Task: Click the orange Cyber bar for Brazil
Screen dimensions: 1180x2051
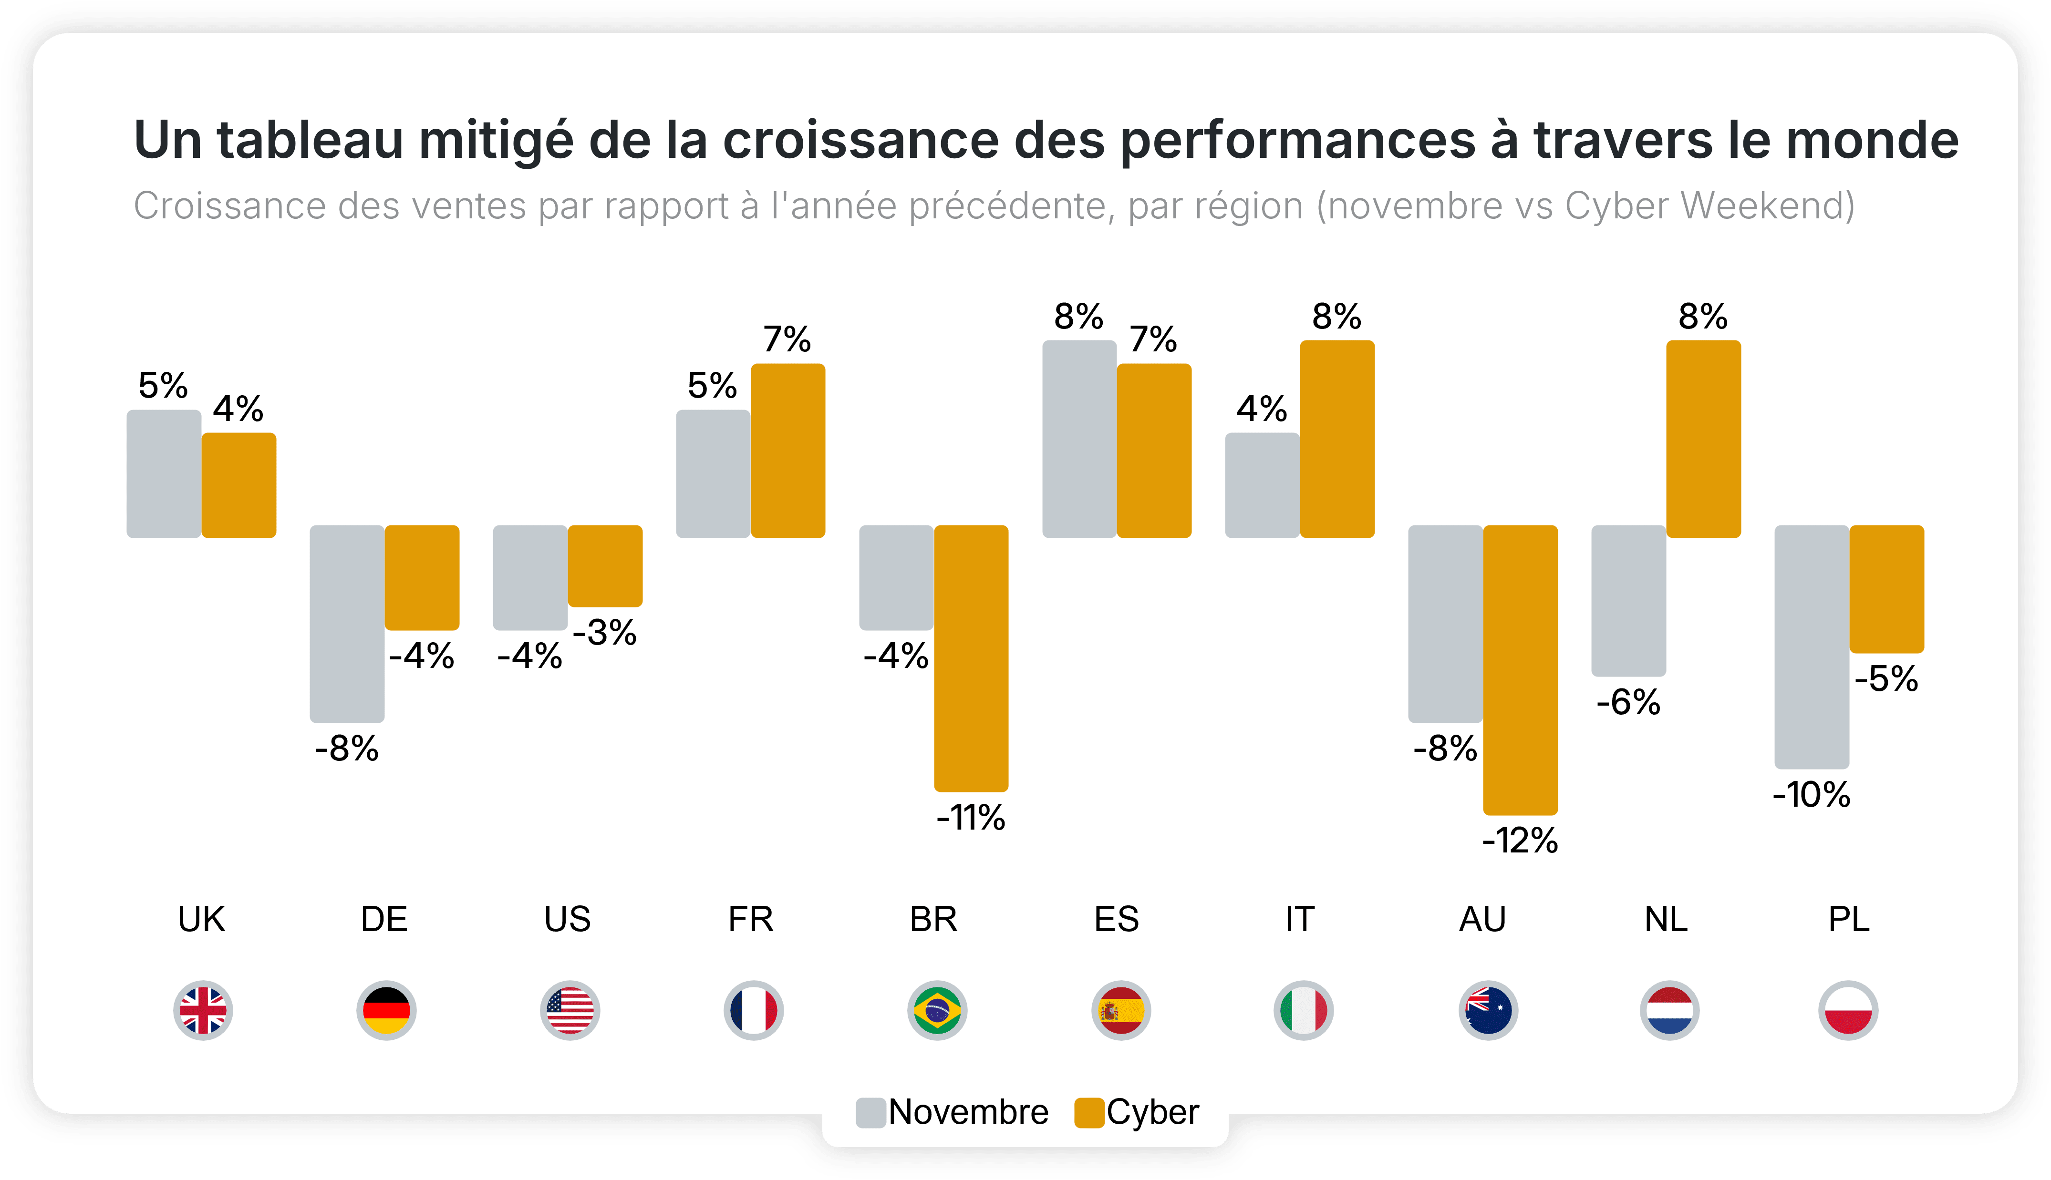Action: pyautogui.click(x=971, y=658)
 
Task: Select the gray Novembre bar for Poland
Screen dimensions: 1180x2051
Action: pyautogui.click(x=1812, y=646)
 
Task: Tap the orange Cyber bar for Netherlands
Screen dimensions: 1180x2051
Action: pyautogui.click(x=1703, y=439)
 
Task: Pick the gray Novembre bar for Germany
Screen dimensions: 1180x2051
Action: pyautogui.click(x=347, y=623)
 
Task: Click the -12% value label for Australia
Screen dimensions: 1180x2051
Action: pyautogui.click(x=1520, y=841)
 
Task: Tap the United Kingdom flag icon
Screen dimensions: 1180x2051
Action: pyautogui.click(x=203, y=1011)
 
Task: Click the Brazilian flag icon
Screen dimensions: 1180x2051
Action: pyautogui.click(x=937, y=1011)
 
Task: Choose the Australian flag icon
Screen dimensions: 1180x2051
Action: pyautogui.click(x=1488, y=1011)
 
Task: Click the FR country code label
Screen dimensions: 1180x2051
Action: pyautogui.click(x=751, y=920)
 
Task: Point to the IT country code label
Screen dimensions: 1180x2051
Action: pyautogui.click(x=1299, y=920)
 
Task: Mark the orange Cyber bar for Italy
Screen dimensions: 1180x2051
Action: pyautogui.click(x=1337, y=439)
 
